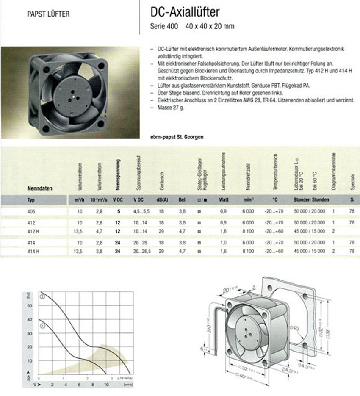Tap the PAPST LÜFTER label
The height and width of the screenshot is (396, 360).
pyautogui.click(x=48, y=14)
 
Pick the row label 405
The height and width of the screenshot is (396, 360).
pyautogui.click(x=30, y=210)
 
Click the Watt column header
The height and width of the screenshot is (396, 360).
pyautogui.click(x=224, y=199)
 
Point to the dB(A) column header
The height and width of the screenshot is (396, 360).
pyautogui.click(x=162, y=199)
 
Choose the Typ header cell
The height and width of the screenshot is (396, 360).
pyautogui.click(x=31, y=199)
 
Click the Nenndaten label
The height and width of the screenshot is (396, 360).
pyautogui.click(x=39, y=188)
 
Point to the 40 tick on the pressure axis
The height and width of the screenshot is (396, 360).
pyautogui.click(x=29, y=319)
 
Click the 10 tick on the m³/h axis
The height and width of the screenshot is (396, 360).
pyautogui.click(x=106, y=385)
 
